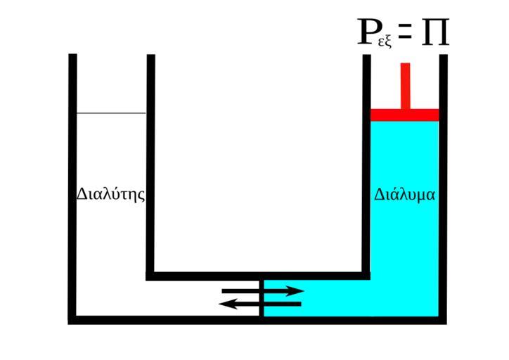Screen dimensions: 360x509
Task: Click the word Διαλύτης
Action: coord(111,194)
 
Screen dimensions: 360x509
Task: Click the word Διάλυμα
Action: coord(405,194)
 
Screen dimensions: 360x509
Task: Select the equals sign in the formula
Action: coord(404,32)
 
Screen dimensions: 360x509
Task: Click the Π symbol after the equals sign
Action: coord(434,33)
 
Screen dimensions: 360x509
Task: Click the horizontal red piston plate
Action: coord(405,115)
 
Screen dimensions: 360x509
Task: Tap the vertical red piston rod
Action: coord(405,85)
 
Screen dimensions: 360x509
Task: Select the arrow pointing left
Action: coord(261,304)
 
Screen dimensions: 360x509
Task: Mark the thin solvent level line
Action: coord(111,112)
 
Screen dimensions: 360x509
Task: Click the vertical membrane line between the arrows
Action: coord(262,297)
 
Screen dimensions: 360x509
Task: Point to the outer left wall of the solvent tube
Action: coord(72,183)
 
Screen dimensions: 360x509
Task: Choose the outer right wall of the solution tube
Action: coord(443,183)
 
